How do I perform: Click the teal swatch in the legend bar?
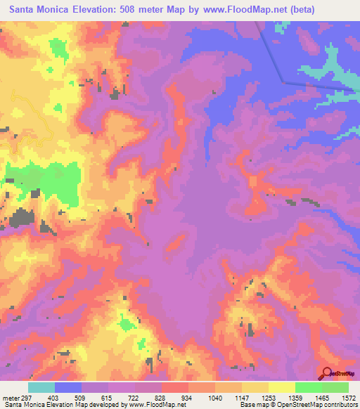coord(41,387)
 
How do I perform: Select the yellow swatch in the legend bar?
coord(281,387)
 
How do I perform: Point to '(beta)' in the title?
coord(299,9)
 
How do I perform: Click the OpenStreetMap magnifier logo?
coord(326,375)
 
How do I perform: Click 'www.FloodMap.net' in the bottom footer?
coord(153,405)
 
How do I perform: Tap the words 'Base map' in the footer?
coord(253,405)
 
